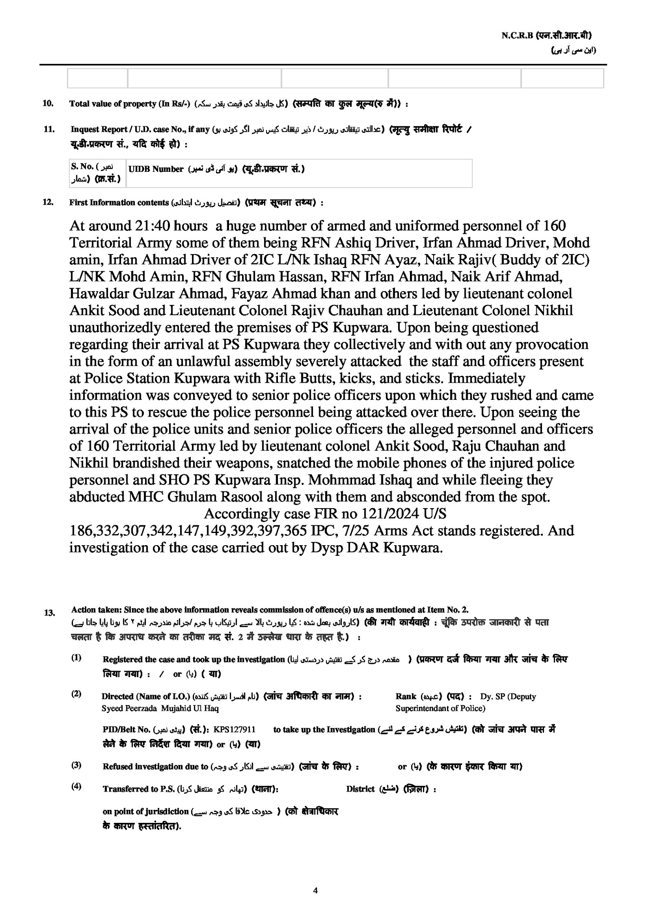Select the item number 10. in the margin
48,103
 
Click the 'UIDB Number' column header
156,169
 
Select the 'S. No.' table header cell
82,167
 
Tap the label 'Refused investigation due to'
155,767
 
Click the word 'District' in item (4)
360,789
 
